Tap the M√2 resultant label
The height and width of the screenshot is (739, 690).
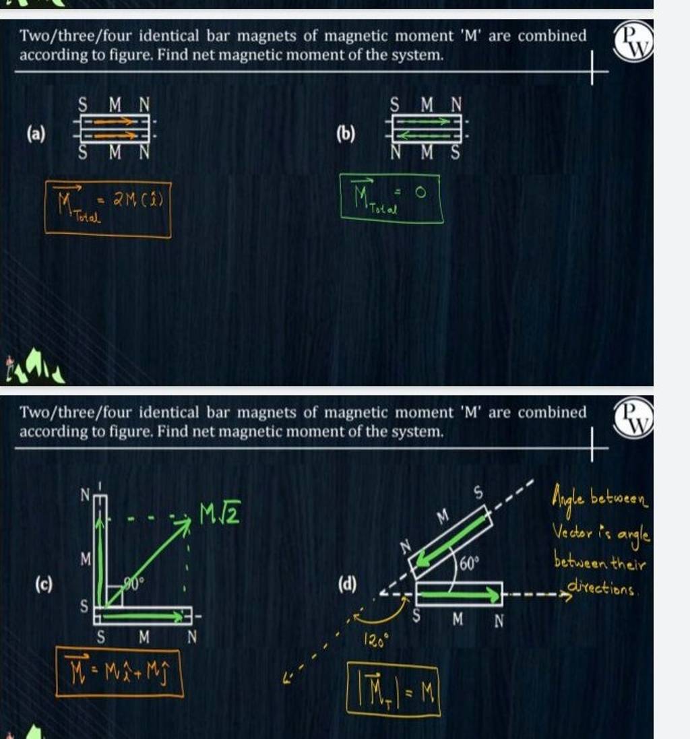tap(217, 517)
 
